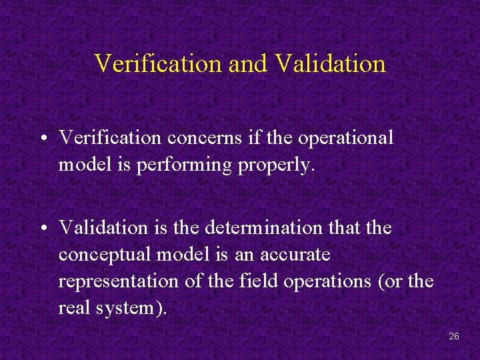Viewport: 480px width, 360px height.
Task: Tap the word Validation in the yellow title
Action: (330, 64)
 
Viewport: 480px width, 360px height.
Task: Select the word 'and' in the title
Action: (247, 64)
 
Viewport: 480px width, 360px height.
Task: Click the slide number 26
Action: (454, 336)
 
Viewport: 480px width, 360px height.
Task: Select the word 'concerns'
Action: (200, 138)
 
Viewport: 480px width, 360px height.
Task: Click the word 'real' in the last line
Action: (72, 308)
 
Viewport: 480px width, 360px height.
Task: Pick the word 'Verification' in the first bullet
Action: (110, 138)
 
